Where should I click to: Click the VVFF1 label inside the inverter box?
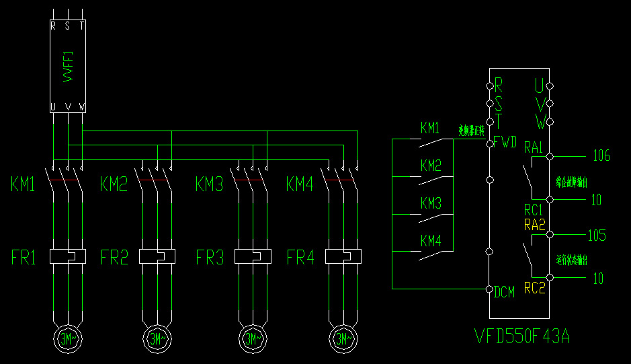68,68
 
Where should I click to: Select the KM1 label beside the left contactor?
23,184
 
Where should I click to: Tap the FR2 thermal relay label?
114,257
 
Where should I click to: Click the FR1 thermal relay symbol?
68,256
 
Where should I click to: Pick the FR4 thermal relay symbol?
343,256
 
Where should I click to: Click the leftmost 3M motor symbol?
68,338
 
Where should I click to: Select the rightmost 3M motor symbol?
343,338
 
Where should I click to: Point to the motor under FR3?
252,338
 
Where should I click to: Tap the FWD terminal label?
505,143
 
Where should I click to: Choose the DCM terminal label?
505,292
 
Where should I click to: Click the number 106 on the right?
601,156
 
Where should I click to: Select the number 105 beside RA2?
597,235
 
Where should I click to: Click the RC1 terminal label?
534,209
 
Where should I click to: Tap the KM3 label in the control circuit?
431,203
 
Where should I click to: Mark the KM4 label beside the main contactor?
300,184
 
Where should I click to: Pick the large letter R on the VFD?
499,84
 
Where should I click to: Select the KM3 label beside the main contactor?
209,184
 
